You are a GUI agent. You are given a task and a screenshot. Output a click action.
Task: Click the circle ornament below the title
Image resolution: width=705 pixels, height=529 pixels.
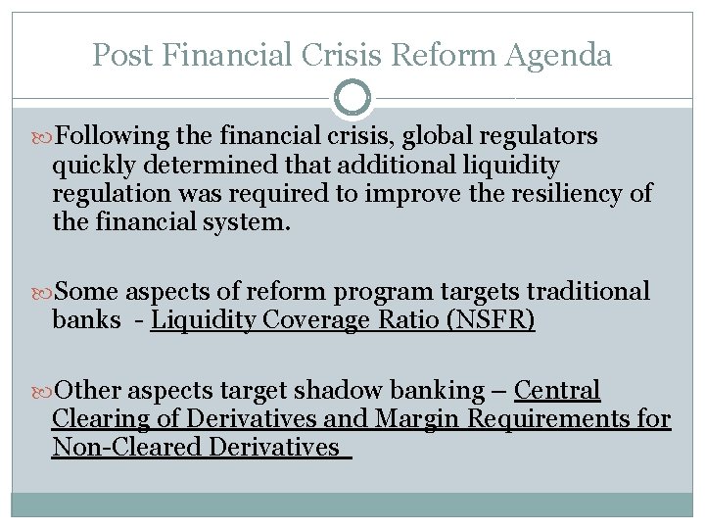coord(352,98)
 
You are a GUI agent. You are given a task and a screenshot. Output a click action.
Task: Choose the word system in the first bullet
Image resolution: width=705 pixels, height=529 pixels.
coord(245,222)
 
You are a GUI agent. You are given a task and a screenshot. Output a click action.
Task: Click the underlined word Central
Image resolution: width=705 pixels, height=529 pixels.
coord(556,390)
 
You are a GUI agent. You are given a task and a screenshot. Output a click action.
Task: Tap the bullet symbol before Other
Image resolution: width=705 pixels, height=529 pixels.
coord(43,391)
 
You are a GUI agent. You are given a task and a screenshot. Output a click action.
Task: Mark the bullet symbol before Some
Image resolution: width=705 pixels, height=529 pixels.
coord(43,293)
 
